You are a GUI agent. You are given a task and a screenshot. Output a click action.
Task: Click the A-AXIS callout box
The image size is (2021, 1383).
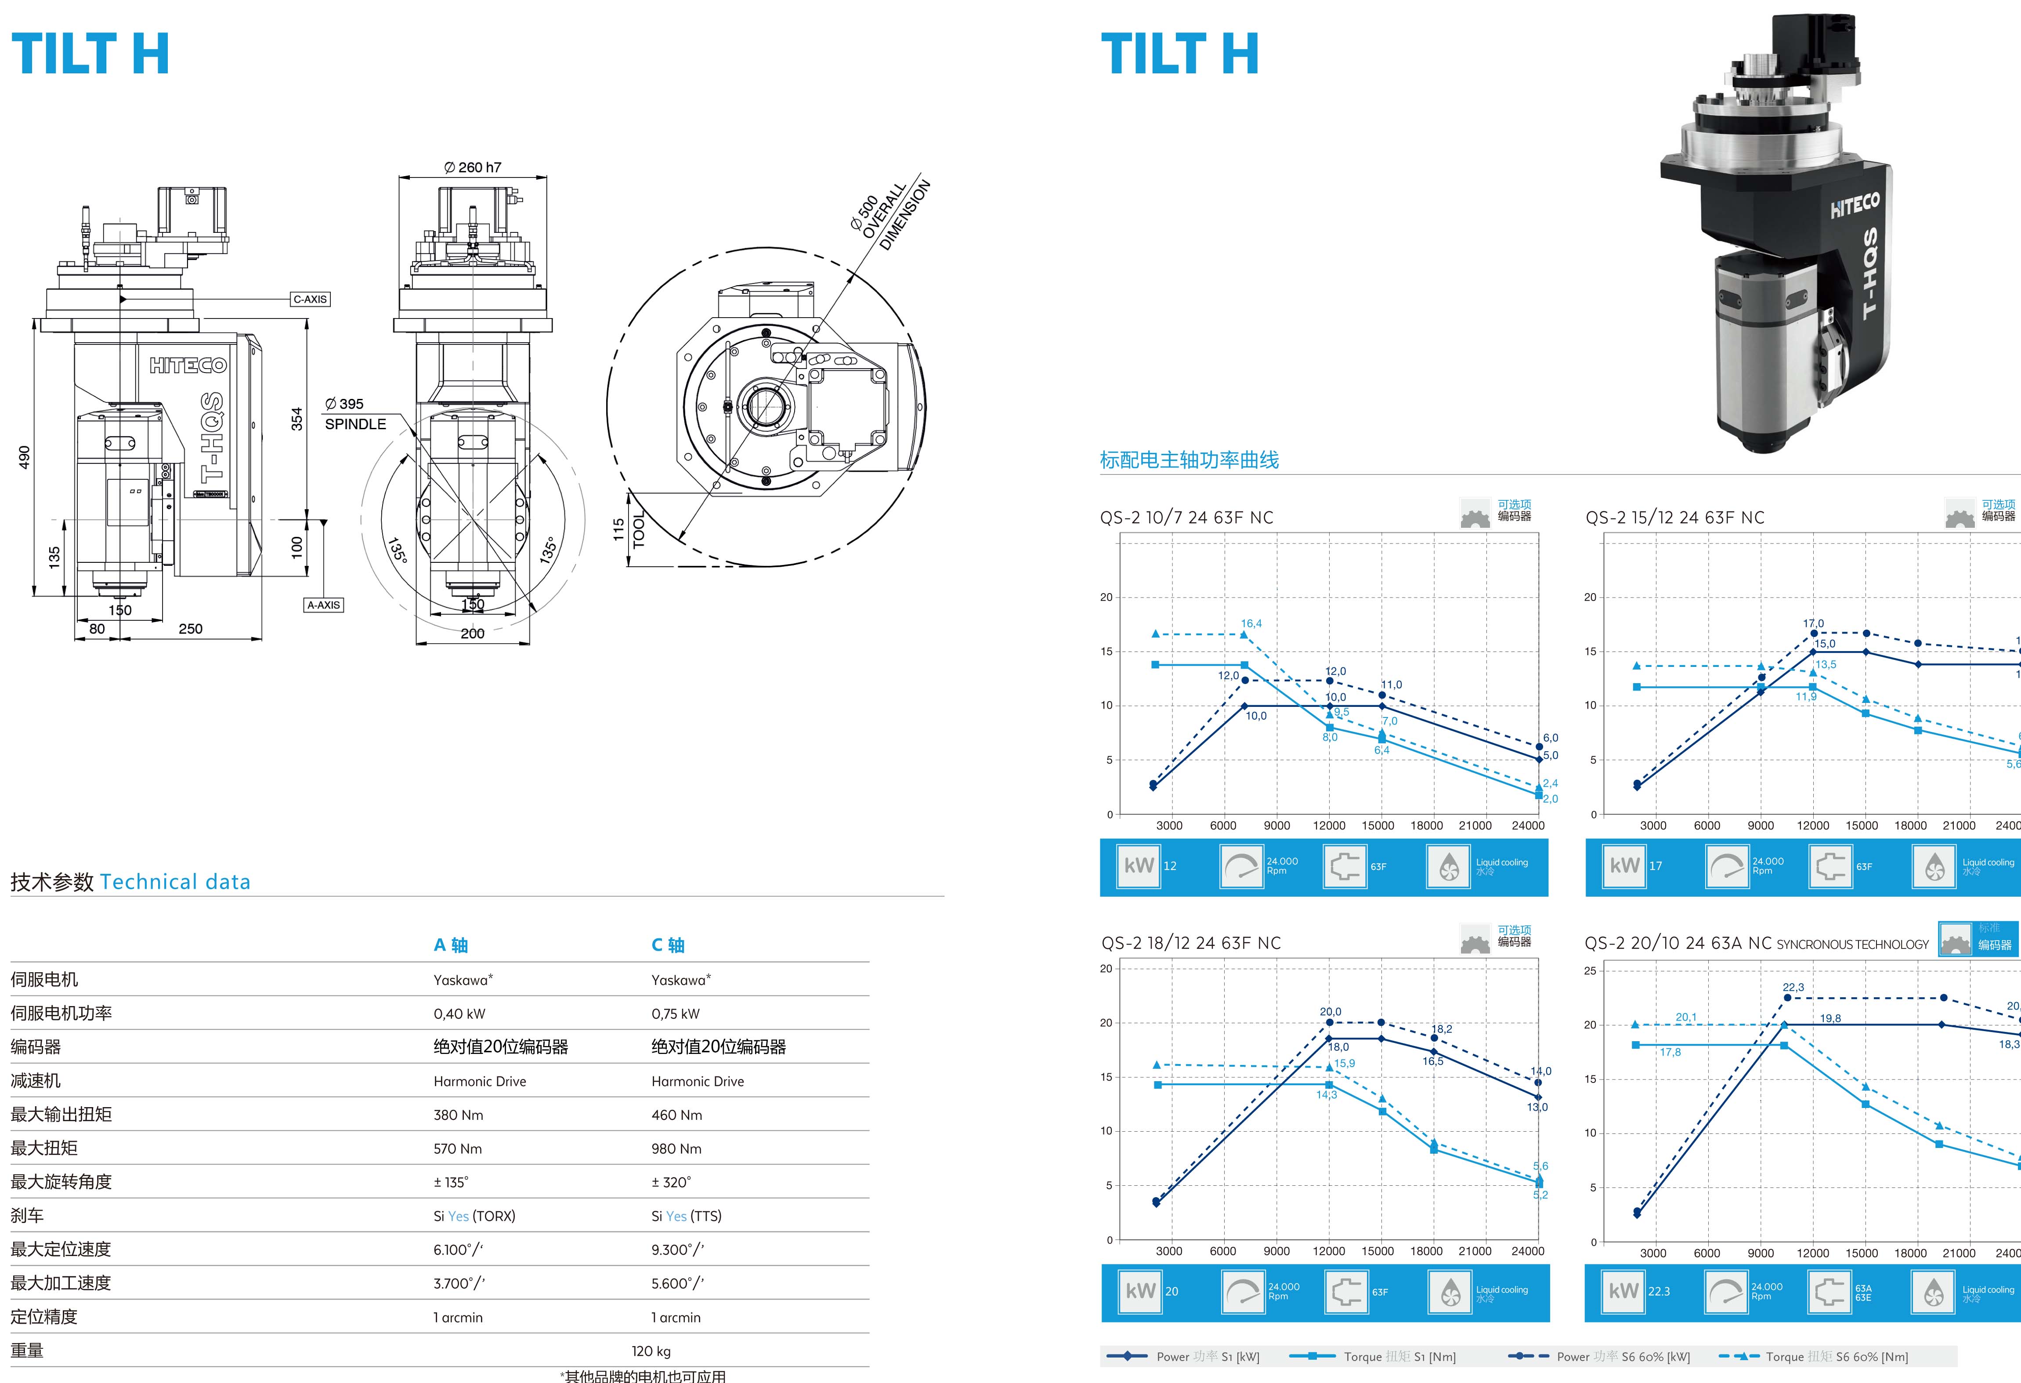point(323,605)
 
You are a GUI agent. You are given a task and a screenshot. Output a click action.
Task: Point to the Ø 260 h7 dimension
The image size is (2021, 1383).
point(472,167)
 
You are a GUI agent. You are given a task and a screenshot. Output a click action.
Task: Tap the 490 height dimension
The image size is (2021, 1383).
point(24,457)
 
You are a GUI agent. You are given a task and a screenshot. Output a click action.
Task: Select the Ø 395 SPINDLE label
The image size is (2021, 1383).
point(355,414)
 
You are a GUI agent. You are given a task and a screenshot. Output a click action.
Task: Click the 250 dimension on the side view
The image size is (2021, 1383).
point(191,629)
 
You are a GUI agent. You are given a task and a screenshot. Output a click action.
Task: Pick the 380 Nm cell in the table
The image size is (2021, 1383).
point(458,1115)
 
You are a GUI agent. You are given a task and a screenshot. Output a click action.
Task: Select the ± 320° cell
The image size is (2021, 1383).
point(671,1182)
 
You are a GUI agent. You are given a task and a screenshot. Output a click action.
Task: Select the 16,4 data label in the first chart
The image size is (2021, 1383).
point(1251,624)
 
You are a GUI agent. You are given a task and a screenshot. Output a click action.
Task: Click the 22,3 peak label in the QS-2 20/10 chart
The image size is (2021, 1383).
point(1793,987)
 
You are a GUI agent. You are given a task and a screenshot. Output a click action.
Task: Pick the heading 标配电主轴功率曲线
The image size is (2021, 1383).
point(1189,460)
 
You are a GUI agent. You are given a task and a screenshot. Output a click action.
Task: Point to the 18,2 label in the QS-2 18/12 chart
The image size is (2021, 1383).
point(1442,1029)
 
